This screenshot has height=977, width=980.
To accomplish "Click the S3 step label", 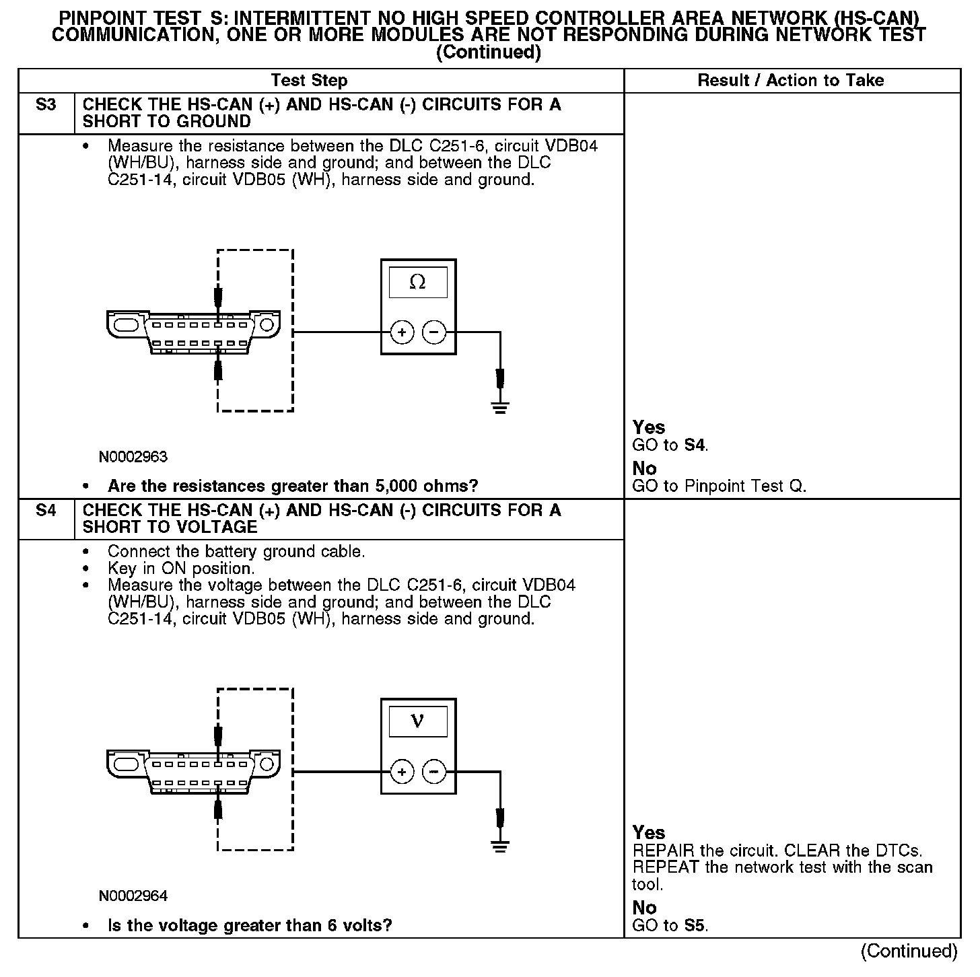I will pos(46,105).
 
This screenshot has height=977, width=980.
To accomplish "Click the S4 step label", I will pos(46,511).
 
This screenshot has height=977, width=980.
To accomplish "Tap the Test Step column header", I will pos(309,81).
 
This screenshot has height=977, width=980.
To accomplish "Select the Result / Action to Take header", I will pos(791,81).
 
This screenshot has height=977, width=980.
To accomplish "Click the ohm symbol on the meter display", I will pos(417,283).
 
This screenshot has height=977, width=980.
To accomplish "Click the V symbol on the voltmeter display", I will pos(417,722).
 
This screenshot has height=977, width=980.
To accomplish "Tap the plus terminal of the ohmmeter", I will pos(402,332).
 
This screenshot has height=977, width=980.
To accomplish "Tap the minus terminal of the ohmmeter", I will pos(434,332).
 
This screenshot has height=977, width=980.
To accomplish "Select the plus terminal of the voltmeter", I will pos(402,771).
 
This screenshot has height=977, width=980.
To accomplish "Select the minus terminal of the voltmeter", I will pos(434,771).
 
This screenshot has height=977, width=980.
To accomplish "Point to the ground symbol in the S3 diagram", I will pos(499,406).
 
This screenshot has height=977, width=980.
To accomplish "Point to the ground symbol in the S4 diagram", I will pos(499,846).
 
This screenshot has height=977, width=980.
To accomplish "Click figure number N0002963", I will pos(133,457).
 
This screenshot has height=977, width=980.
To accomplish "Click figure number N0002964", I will pos(133,896).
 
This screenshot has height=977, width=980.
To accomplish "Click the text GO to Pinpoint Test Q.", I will pos(719,486).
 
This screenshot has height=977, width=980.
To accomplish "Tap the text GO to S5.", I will pos(670,926).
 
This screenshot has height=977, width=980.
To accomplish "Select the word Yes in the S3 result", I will pos(649,427).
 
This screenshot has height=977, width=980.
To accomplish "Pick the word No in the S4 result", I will pos(644,908).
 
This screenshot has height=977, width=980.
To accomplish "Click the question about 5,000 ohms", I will pos(293,486).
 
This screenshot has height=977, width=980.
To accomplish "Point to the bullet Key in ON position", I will pos(181,569).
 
